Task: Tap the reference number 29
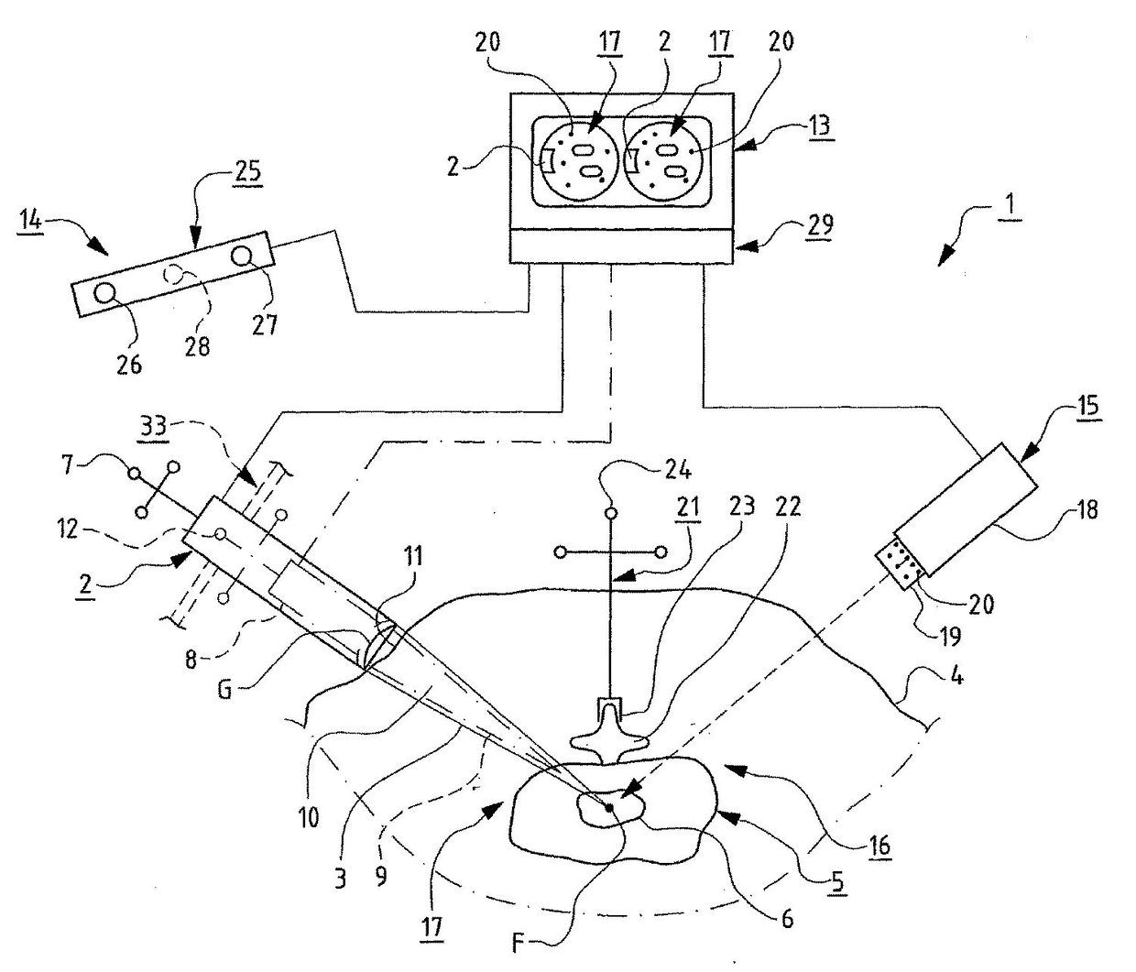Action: [x=820, y=225]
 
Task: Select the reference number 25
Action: [x=246, y=170]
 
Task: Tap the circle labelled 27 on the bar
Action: [x=244, y=256]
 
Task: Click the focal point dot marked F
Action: [x=608, y=806]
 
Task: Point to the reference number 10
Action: [x=309, y=816]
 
